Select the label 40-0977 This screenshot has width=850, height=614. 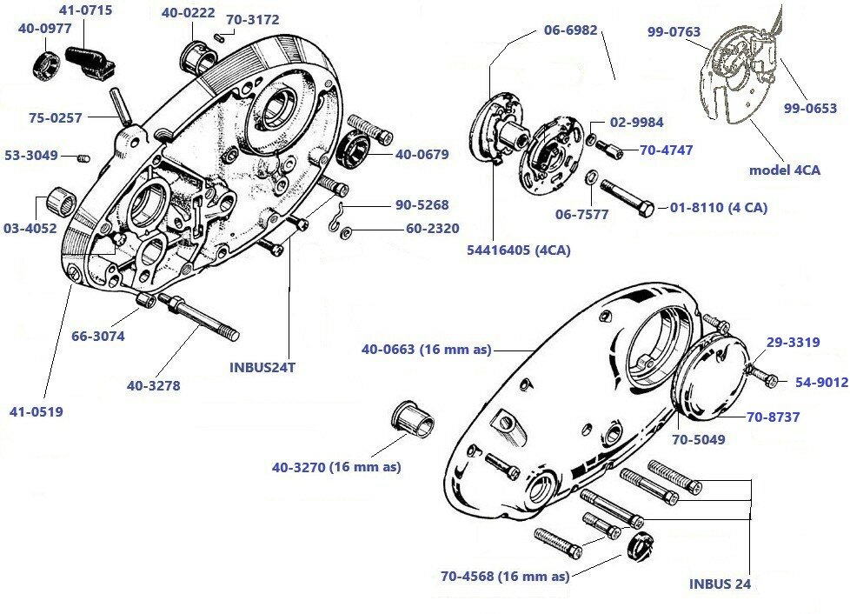(43, 27)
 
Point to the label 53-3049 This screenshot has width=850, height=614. (30, 156)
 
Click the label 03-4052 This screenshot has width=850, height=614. (30, 229)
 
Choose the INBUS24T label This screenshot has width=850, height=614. (262, 367)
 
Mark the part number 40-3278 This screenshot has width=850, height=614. (153, 385)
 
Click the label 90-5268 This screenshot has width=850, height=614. (422, 205)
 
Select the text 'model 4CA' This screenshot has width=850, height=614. (784, 170)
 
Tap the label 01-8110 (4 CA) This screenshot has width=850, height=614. (718, 208)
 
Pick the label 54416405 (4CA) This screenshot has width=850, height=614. (519, 250)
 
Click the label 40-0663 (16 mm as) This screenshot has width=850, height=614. (426, 350)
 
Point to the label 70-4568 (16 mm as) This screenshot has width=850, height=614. (505, 576)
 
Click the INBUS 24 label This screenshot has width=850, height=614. (720, 584)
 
